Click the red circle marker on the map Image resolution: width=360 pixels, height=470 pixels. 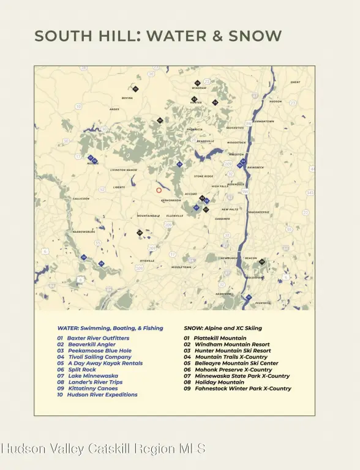point(159,190)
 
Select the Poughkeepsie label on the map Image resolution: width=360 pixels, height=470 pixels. point(258,212)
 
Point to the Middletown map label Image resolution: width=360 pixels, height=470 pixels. point(181,267)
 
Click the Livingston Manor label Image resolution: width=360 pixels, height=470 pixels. point(124,170)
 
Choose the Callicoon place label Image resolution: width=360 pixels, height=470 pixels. point(81,199)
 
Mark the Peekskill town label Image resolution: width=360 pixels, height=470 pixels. point(263,303)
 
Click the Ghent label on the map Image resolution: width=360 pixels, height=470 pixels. point(295,82)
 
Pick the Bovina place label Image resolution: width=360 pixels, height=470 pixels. point(127,98)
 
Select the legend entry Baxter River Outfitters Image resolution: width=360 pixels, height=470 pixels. point(93,338)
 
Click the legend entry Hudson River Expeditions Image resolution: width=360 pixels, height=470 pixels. point(97,395)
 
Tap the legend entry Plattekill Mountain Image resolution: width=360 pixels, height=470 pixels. point(215,338)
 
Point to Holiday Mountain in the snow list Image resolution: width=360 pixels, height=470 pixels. point(214,382)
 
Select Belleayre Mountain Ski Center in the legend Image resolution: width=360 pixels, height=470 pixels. point(230,363)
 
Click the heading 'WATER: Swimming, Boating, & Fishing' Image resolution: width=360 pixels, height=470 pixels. point(110,328)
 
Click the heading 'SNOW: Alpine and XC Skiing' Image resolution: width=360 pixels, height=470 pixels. point(225,328)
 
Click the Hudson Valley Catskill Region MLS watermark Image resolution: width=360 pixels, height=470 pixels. point(103,449)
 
